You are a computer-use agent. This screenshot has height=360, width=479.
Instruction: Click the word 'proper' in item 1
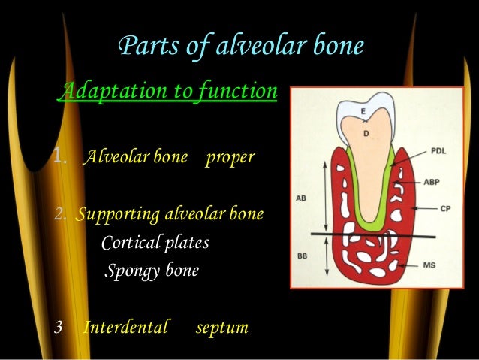tap(230, 159)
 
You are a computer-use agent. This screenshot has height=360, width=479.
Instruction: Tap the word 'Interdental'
tap(125, 328)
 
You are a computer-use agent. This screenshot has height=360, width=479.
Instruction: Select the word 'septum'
tap(221, 328)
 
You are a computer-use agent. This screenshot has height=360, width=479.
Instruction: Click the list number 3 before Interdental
tap(60, 328)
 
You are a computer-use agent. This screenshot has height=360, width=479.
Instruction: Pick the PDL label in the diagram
tap(439, 151)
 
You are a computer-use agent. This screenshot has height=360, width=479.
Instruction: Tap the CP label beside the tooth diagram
tap(445, 208)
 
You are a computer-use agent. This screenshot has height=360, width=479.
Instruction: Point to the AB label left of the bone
tap(301, 199)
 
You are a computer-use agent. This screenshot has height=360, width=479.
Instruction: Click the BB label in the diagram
tap(302, 256)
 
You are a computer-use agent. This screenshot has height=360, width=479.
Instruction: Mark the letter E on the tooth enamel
tap(363, 111)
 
